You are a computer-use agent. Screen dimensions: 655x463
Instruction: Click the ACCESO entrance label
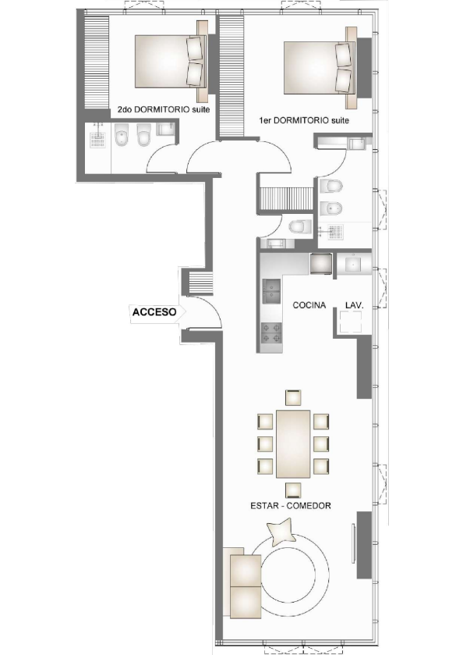[x=154, y=311]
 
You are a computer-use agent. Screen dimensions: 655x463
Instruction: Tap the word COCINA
[x=309, y=305]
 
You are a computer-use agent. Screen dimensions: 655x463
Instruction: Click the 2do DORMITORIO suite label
[x=161, y=110]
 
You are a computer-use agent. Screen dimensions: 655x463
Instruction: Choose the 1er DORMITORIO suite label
[x=304, y=121]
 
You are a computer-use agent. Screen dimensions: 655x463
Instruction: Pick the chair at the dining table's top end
[x=292, y=397]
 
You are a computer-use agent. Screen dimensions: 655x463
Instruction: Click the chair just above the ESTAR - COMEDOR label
[x=292, y=489]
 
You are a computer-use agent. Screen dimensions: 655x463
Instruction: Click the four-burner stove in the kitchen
[x=271, y=335]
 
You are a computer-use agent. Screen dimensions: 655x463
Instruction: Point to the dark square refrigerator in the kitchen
[x=321, y=265]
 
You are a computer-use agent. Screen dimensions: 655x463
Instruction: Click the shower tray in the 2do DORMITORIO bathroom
[x=97, y=139]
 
